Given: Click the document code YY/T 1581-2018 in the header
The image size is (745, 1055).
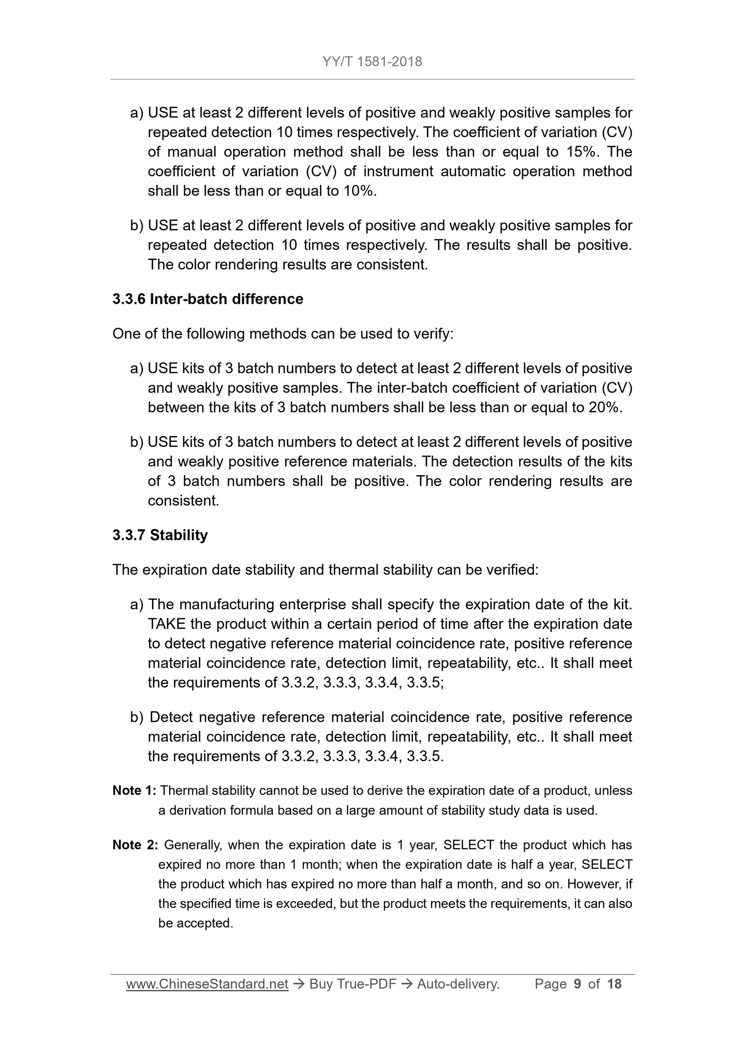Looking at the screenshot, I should coord(372,62).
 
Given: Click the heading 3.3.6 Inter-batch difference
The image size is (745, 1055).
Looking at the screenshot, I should coord(207,299).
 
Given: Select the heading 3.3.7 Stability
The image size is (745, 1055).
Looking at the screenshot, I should coord(160,535).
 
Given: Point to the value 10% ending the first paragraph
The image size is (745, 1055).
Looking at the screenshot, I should coord(358,191).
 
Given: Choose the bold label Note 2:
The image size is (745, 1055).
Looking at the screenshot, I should coord(136,845).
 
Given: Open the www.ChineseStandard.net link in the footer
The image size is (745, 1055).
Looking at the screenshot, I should coord(207,984).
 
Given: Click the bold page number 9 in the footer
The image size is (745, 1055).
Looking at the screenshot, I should coord(577,984).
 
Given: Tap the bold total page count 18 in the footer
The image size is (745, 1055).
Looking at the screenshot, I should coord(614,984).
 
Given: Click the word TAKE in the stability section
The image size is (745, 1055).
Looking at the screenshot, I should coord(166,624).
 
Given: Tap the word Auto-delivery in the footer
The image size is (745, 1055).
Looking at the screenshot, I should coord(457,984).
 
